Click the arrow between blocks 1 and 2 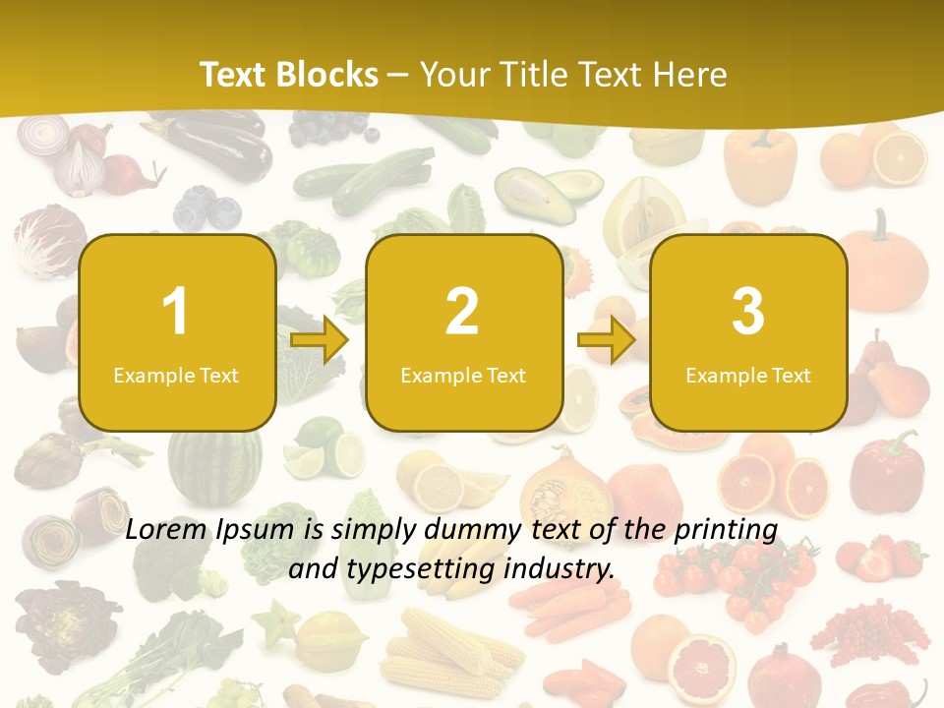321,340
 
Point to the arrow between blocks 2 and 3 607,340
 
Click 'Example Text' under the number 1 176,375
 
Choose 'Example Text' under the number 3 747,375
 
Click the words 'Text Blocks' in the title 289,75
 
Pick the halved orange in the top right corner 900,158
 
